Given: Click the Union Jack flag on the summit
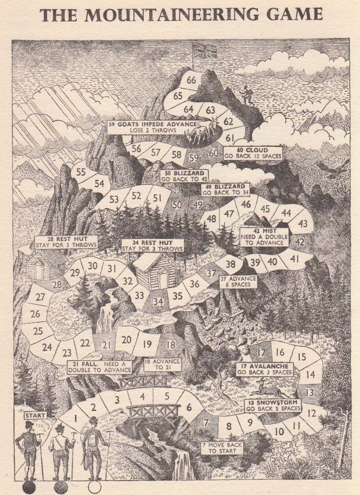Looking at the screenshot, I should click(x=202, y=50).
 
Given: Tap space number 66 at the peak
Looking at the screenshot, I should click(x=191, y=80).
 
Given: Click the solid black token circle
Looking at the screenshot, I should click(x=29, y=487).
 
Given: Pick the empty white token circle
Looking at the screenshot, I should click(x=95, y=487).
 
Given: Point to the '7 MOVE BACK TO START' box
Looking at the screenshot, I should click(x=222, y=448).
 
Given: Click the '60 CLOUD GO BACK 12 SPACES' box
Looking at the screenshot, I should click(x=253, y=153).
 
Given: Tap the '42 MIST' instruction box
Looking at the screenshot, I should click(x=264, y=236).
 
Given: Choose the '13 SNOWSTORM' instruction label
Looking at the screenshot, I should click(x=273, y=406).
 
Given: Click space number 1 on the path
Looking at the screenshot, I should click(x=75, y=418).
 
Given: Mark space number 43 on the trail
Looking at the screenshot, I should click(x=303, y=224).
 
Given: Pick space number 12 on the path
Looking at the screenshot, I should click(x=312, y=413).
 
